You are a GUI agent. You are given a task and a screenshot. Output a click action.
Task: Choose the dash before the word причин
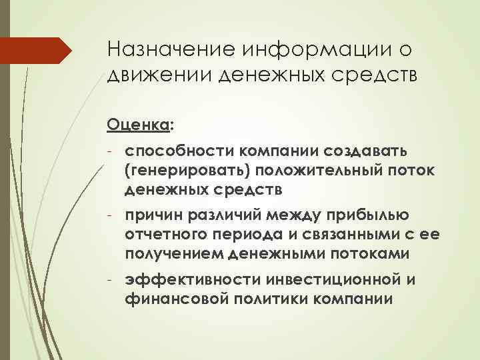coord(111,215)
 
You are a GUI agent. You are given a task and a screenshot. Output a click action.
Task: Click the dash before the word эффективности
coord(111,279)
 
